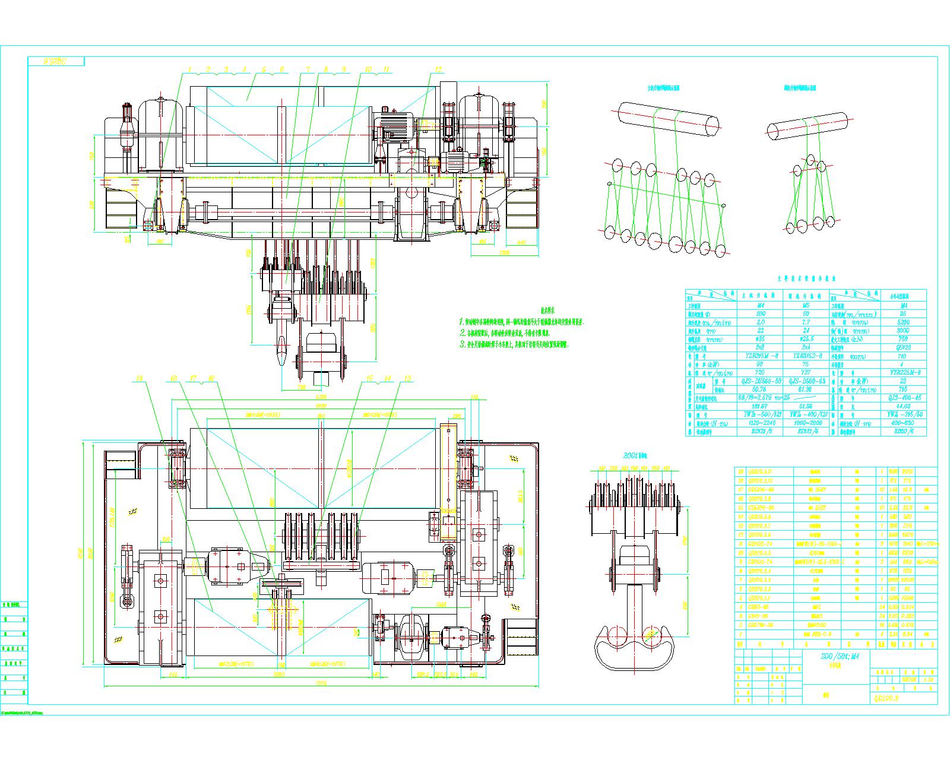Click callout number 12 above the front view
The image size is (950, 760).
pyautogui.click(x=438, y=69)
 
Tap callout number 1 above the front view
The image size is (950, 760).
pyautogui.click(x=190, y=69)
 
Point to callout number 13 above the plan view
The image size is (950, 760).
pyautogui.click(x=407, y=378)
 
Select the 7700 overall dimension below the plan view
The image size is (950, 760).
pyautogui.click(x=321, y=684)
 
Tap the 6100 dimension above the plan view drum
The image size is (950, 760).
pyautogui.click(x=321, y=406)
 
